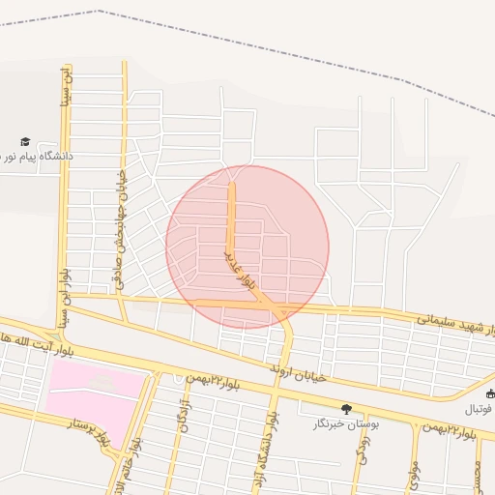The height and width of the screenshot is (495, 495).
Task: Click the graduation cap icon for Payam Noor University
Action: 25,141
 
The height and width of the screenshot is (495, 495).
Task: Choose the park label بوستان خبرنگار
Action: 346,423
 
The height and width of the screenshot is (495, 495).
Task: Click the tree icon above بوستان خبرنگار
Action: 346,410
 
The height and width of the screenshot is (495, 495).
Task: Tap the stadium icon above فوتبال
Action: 490,393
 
